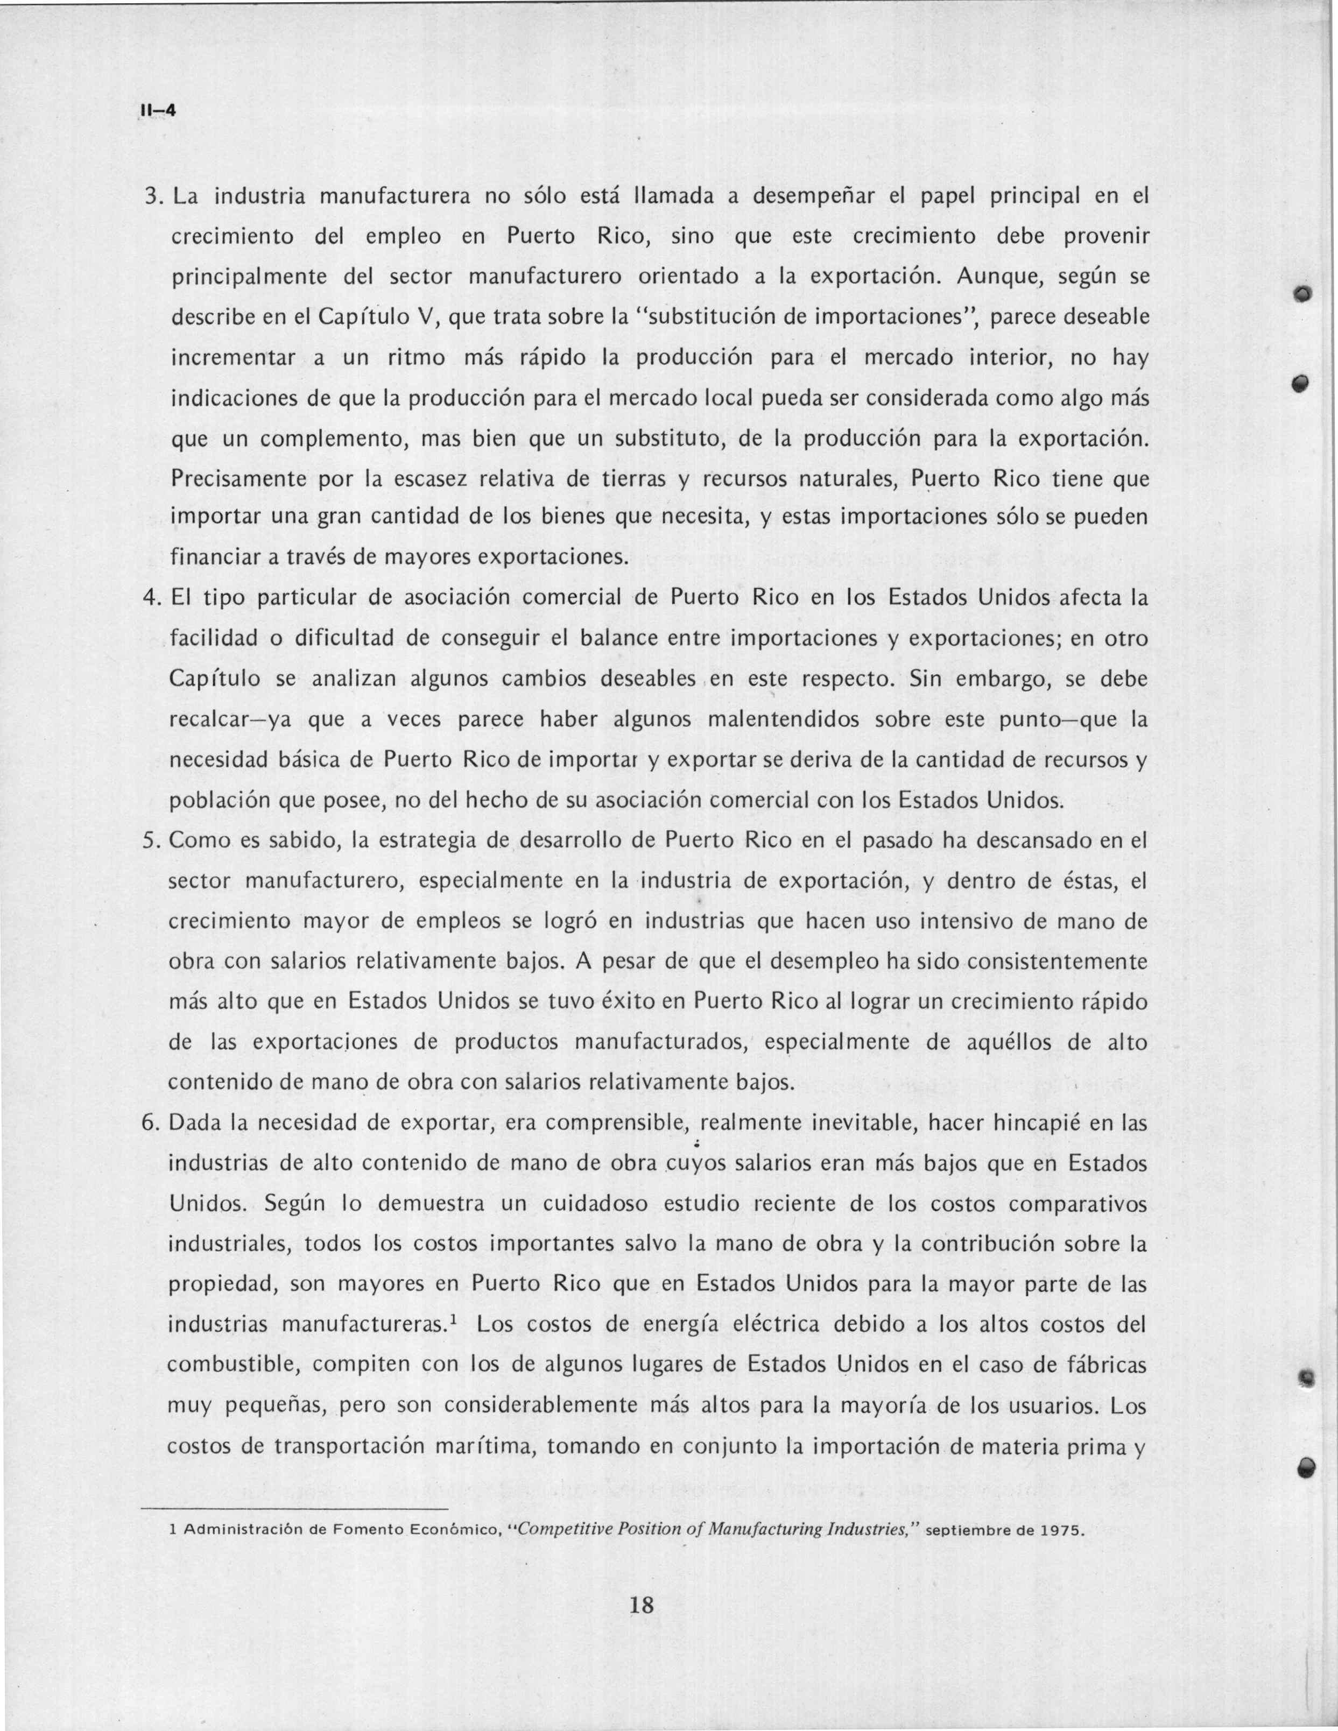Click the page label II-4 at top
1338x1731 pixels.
pos(157,112)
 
